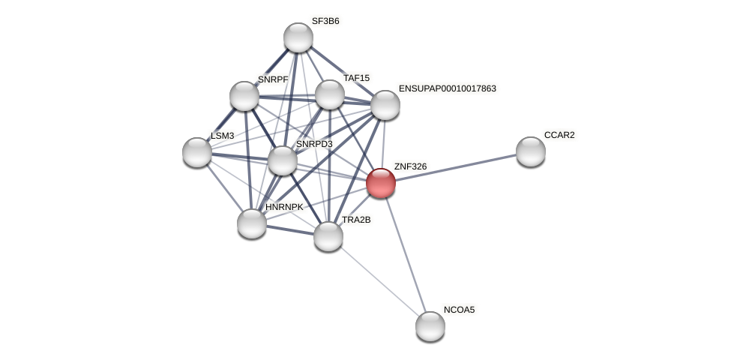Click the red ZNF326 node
[x=380, y=183]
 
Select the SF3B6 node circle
[x=298, y=37]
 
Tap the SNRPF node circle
[x=244, y=96]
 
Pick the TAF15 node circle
[x=329, y=94]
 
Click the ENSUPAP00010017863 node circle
[x=385, y=105]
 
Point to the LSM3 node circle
[x=197, y=152]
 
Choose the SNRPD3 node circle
[x=282, y=160]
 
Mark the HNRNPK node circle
[x=251, y=223]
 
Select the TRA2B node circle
[x=328, y=236]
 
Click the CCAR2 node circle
[x=530, y=151]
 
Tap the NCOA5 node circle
[x=430, y=325]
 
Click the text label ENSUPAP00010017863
[x=447, y=88]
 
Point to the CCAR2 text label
[x=559, y=135]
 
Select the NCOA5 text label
[x=459, y=310]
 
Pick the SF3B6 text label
[x=325, y=21]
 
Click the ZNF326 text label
[x=410, y=166]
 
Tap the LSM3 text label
[x=222, y=136]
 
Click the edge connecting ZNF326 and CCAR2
[x=455, y=167]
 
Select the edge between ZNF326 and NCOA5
[x=405, y=254]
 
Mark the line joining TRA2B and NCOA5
[x=379, y=281]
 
